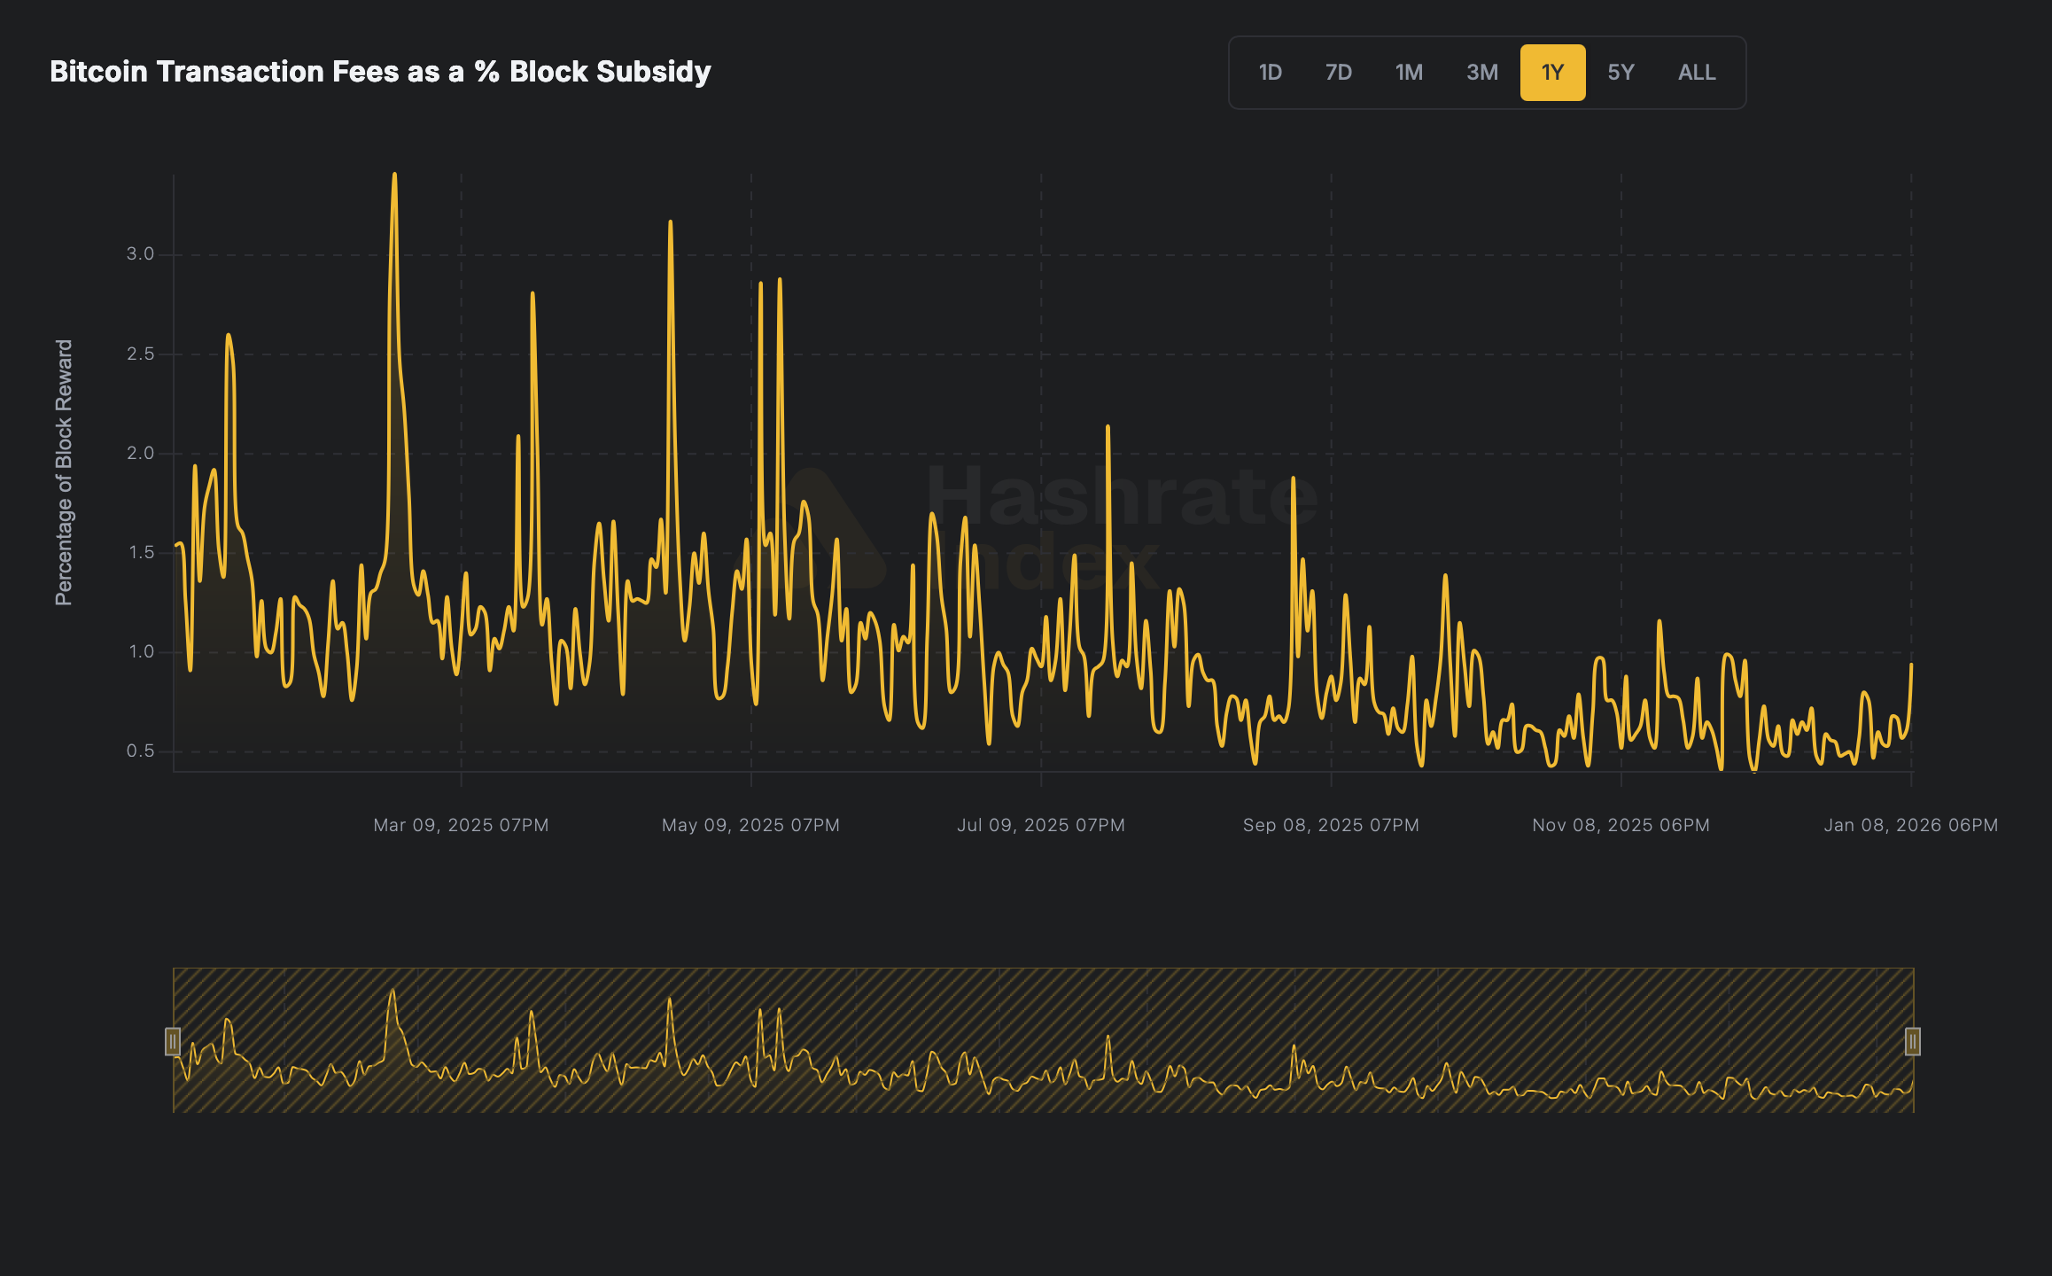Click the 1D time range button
(1270, 73)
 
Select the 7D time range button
(1338, 73)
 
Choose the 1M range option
(1409, 73)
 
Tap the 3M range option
(1481, 73)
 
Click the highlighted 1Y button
(1552, 73)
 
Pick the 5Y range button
(1621, 73)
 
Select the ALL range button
(1697, 73)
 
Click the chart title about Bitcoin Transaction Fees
(380, 72)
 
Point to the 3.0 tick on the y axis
(140, 254)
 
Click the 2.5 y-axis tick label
(140, 354)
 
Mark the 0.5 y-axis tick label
(140, 751)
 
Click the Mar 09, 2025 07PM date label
(461, 825)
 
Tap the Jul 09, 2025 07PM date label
(1040, 825)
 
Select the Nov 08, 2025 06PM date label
(1621, 825)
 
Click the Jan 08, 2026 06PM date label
(1910, 825)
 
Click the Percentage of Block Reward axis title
(64, 472)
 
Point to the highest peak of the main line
(394, 175)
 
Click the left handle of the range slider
(173, 1041)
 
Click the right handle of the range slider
(1913, 1041)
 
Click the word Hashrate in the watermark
(1122, 496)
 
